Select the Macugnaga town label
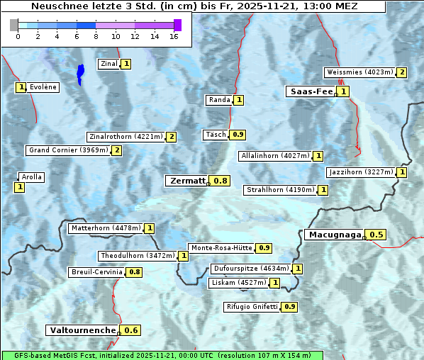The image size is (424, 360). coord(334,235)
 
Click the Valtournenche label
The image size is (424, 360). coord(82,330)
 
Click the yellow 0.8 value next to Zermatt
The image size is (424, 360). coord(221,181)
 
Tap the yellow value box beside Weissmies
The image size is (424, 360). coord(402,72)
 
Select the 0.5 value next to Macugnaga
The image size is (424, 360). coord(376,235)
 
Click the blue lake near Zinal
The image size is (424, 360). coord(80,73)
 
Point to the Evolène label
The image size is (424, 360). coord(43,87)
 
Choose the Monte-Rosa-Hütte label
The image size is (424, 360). coord(221,248)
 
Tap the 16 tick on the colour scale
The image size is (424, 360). coord(174,36)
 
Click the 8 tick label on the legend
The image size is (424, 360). coord(96,36)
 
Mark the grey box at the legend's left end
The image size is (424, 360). coord(14,25)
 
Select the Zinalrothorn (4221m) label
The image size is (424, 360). coord(125,137)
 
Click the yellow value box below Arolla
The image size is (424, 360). coord(19,187)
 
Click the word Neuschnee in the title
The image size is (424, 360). coord(57,6)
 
